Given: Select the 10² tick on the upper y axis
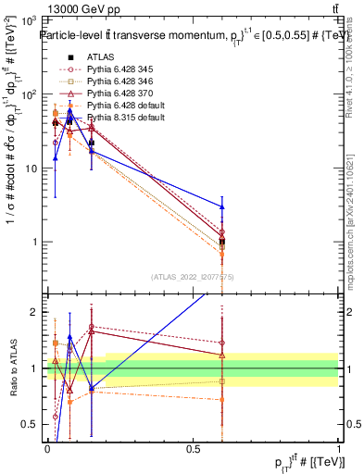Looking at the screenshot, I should pos(29,94).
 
